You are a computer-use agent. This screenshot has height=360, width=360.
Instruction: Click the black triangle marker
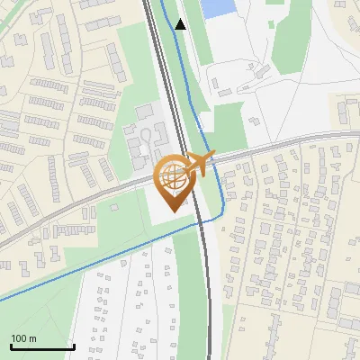click(x=180, y=24)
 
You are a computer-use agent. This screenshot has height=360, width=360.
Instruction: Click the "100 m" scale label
click(x=23, y=338)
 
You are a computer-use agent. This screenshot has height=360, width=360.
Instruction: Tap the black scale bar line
click(x=42, y=346)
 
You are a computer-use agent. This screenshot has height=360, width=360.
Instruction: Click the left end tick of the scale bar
click(x=12, y=345)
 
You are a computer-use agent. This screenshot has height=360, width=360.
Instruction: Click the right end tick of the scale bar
click(x=73, y=345)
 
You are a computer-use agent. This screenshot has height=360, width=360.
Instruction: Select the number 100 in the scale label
click(x=19, y=338)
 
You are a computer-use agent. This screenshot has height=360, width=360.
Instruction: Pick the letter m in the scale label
click(x=32, y=338)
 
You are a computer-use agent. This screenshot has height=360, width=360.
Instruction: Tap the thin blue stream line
click(x=90, y=263)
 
